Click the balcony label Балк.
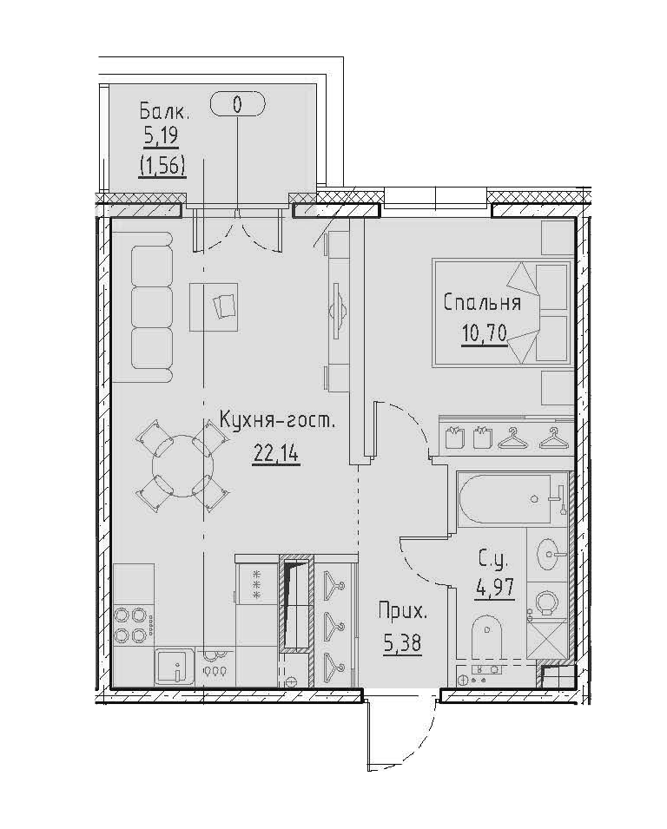tap(165, 111)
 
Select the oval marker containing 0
tap(238, 105)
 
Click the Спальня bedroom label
tap(482, 303)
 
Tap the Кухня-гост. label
tap(276, 424)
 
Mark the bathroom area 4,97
tap(495, 588)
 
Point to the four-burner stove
tap(133, 625)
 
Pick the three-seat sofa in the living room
tap(152, 311)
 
